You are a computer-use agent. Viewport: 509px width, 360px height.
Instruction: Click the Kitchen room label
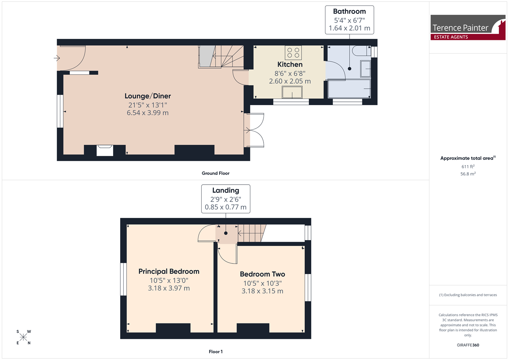(x=290, y=64)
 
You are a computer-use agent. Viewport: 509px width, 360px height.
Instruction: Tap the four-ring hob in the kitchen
(x=293, y=52)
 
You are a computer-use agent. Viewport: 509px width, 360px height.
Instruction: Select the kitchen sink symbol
(x=292, y=92)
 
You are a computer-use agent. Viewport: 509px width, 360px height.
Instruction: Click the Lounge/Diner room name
(x=148, y=96)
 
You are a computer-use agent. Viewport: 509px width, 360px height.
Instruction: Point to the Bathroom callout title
(x=349, y=11)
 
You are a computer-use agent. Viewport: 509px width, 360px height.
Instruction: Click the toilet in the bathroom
(x=362, y=51)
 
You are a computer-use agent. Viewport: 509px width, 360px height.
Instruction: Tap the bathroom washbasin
(x=366, y=69)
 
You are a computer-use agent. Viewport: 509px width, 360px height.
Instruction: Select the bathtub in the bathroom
(x=349, y=88)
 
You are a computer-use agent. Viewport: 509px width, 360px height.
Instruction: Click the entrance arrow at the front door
(x=57, y=58)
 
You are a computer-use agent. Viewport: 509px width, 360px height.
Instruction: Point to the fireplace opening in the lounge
(x=105, y=150)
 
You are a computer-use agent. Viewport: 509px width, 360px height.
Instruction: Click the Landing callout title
(x=225, y=190)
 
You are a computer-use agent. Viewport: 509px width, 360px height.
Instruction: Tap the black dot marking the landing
(x=225, y=233)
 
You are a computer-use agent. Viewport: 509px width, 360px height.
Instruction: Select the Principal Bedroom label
(x=169, y=271)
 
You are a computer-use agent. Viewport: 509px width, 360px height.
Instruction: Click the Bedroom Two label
(x=262, y=274)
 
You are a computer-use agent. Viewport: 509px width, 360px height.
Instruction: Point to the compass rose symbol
(x=23, y=337)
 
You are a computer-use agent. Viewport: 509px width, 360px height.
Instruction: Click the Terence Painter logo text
(x=460, y=28)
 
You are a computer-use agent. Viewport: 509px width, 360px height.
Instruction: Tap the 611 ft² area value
(x=468, y=167)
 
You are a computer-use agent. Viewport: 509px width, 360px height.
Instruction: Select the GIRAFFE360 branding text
(x=468, y=345)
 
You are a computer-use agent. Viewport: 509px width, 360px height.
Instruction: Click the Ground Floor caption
(x=216, y=173)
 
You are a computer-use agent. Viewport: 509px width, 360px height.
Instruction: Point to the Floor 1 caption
(x=216, y=352)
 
